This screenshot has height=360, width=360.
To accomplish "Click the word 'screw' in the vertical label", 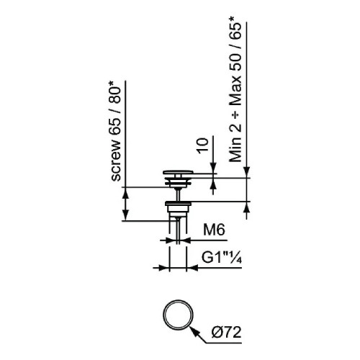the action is (x=116, y=161).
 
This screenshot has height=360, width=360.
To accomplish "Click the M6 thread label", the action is (x=214, y=230).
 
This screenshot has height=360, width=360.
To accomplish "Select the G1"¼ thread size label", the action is (x=221, y=258).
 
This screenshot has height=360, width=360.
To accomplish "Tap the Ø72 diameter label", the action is (x=227, y=333).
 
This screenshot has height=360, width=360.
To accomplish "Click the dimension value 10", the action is (x=202, y=145).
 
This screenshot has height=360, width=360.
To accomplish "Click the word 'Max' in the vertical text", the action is (x=235, y=91).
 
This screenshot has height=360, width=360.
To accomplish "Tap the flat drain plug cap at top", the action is (x=178, y=172).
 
